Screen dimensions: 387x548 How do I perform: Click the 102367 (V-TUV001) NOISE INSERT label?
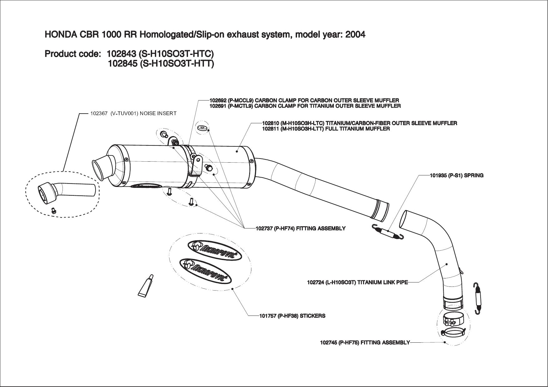pos(133,113)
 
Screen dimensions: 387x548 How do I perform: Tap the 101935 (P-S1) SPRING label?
pos(457,175)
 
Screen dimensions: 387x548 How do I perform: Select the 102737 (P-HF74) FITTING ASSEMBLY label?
pos(300,228)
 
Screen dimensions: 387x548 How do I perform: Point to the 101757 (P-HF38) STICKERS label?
pos(292,316)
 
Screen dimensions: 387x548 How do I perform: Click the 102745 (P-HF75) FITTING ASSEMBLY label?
pos(365,343)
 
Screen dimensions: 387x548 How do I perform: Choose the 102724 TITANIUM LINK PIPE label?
pos(357,283)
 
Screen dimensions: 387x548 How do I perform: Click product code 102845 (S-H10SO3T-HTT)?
pos(161,64)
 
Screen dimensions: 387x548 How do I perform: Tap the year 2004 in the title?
pos(355,34)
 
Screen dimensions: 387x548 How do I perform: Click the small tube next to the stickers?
pos(146,285)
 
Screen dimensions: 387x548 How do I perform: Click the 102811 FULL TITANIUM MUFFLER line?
pos(326,129)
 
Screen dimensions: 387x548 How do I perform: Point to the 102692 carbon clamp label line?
pos(304,100)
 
